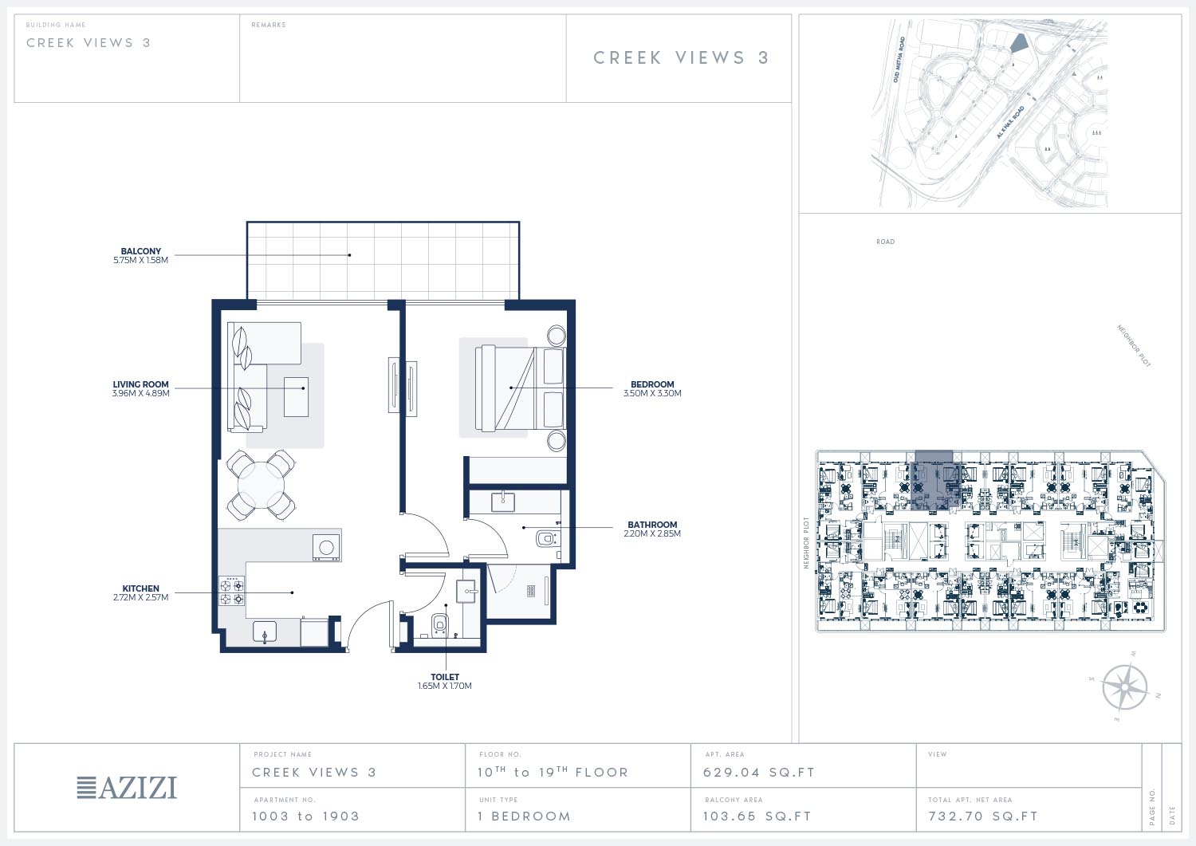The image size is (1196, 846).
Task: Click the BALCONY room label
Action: (x=140, y=251)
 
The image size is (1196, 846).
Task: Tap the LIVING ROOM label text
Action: (x=140, y=384)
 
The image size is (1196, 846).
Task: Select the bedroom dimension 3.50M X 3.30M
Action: (x=652, y=394)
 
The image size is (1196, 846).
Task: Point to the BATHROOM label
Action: (x=652, y=525)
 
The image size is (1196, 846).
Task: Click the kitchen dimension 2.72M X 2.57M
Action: (x=140, y=598)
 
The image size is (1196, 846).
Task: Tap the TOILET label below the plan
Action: (x=445, y=677)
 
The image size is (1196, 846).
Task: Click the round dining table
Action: (x=261, y=485)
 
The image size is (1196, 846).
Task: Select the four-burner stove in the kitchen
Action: (x=232, y=591)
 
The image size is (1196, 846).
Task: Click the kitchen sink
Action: (x=264, y=632)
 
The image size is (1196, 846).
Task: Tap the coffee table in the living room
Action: (x=296, y=397)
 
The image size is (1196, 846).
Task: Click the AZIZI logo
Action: (x=127, y=788)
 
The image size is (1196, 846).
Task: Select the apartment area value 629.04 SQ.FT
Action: (x=759, y=773)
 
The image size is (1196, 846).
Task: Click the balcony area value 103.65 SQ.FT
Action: (x=757, y=816)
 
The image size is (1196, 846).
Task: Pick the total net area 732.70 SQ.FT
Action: (x=983, y=816)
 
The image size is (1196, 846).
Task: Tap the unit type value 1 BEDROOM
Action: (x=525, y=816)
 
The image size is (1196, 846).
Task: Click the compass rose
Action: (x=1125, y=687)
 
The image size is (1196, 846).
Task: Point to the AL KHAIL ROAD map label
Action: (x=1011, y=122)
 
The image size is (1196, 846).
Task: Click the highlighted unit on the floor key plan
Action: (x=934, y=481)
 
